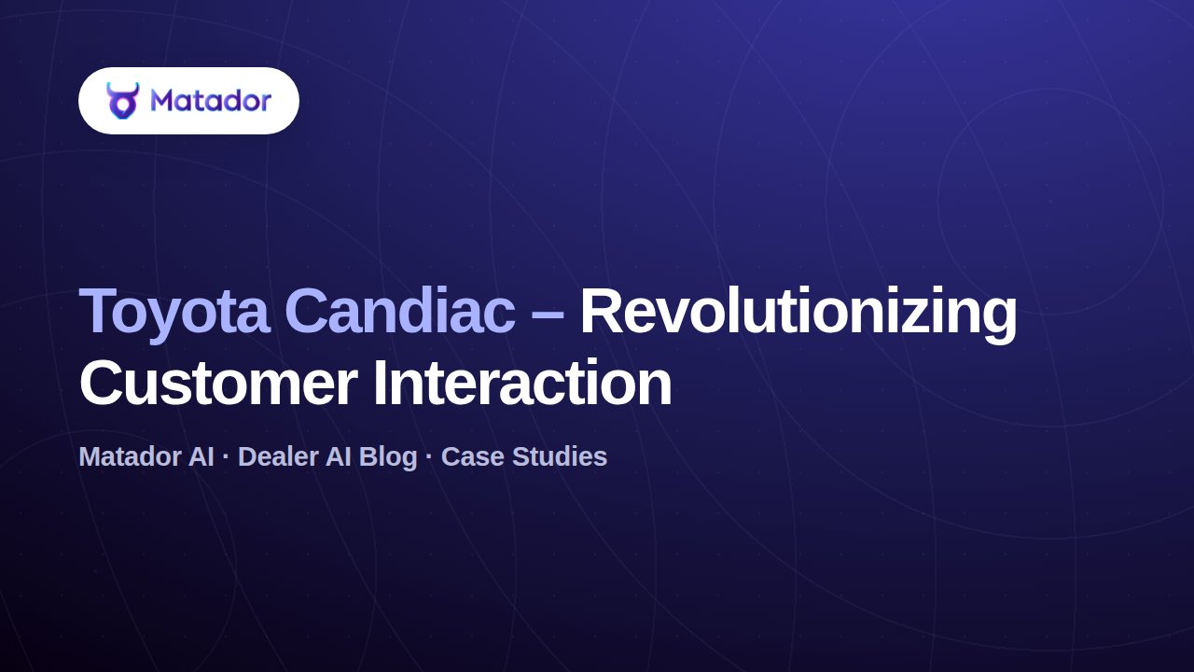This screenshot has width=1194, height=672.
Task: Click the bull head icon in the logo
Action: [x=122, y=100]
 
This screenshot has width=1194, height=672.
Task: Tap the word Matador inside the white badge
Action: [x=211, y=100]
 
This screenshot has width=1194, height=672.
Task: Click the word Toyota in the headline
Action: [x=174, y=313]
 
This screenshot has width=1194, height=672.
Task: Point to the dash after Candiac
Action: [x=548, y=315]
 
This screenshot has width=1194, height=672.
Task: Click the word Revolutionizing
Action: [x=798, y=313]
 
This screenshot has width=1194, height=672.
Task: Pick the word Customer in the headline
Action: [x=218, y=384]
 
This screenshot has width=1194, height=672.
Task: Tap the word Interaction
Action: [x=522, y=382]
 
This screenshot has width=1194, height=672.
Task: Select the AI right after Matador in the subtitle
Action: [x=201, y=456]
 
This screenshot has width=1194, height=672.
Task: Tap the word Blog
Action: [x=388, y=458]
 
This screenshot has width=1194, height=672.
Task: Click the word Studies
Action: [x=559, y=456]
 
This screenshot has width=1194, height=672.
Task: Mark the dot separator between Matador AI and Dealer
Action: [x=226, y=457]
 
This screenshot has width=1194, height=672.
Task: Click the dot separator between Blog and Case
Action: [x=430, y=457]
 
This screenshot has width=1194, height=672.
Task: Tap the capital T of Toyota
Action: [x=99, y=310]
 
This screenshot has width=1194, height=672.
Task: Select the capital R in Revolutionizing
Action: [x=602, y=310]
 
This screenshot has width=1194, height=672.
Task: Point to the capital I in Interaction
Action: [x=379, y=382]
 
